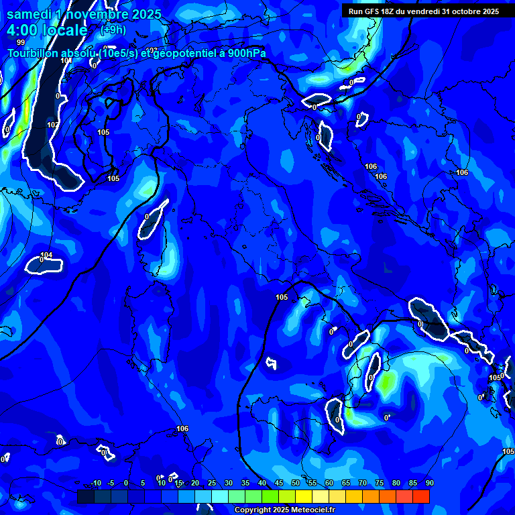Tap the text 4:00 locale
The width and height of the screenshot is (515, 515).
pyautogui.click(x=47, y=30)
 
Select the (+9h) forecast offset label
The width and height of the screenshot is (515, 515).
pyautogui.click(x=113, y=30)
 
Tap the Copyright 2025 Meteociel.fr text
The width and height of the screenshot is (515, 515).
pyautogui.click(x=284, y=510)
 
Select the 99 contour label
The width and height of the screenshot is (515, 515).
pyautogui.click(x=21, y=42)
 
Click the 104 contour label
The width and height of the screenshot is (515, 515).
pyautogui.click(x=46, y=255)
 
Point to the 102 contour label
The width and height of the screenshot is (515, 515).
pyautogui.click(x=53, y=125)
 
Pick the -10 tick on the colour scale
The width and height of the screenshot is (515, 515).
pyautogui.click(x=95, y=483)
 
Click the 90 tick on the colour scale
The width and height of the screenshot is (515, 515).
pyautogui.click(x=430, y=483)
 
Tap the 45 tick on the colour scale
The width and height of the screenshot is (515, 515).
pyautogui.click(x=279, y=483)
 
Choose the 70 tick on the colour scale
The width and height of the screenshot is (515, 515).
pyautogui.click(x=363, y=483)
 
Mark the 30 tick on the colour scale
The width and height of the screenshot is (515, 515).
pyautogui.click(x=229, y=483)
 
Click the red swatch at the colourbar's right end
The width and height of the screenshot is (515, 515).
pyautogui.click(x=421, y=496)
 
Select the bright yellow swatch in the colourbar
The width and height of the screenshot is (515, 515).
pyautogui.click(x=304, y=496)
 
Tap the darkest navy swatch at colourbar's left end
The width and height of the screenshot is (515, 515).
pyautogui.click(x=86, y=496)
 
